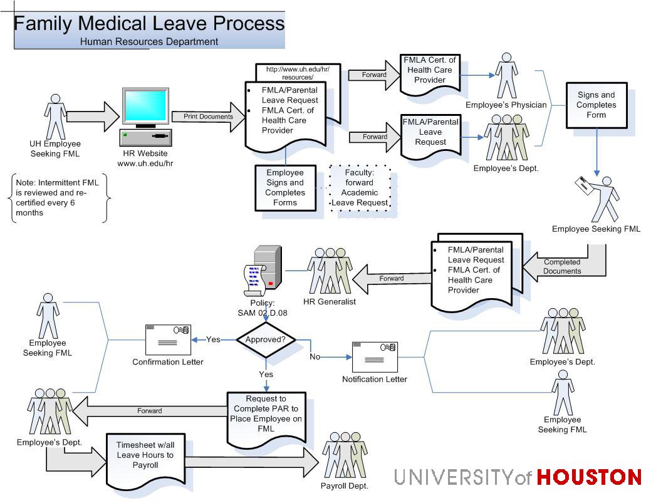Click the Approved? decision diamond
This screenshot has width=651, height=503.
(266, 340)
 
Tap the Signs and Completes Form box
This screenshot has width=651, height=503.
(596, 105)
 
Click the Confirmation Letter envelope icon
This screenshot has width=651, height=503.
(167, 340)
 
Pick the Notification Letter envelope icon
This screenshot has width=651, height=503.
(374, 358)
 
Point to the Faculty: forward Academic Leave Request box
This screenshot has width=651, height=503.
(360, 187)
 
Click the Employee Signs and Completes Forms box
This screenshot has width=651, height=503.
(285, 187)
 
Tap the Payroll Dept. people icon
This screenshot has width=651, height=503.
(344, 455)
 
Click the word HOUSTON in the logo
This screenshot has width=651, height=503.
(589, 477)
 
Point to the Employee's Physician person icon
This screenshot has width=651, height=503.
(506, 76)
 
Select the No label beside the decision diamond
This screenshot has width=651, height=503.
(315, 356)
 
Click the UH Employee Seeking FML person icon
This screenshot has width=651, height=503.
(56, 117)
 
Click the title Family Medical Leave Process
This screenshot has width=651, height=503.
(149, 24)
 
